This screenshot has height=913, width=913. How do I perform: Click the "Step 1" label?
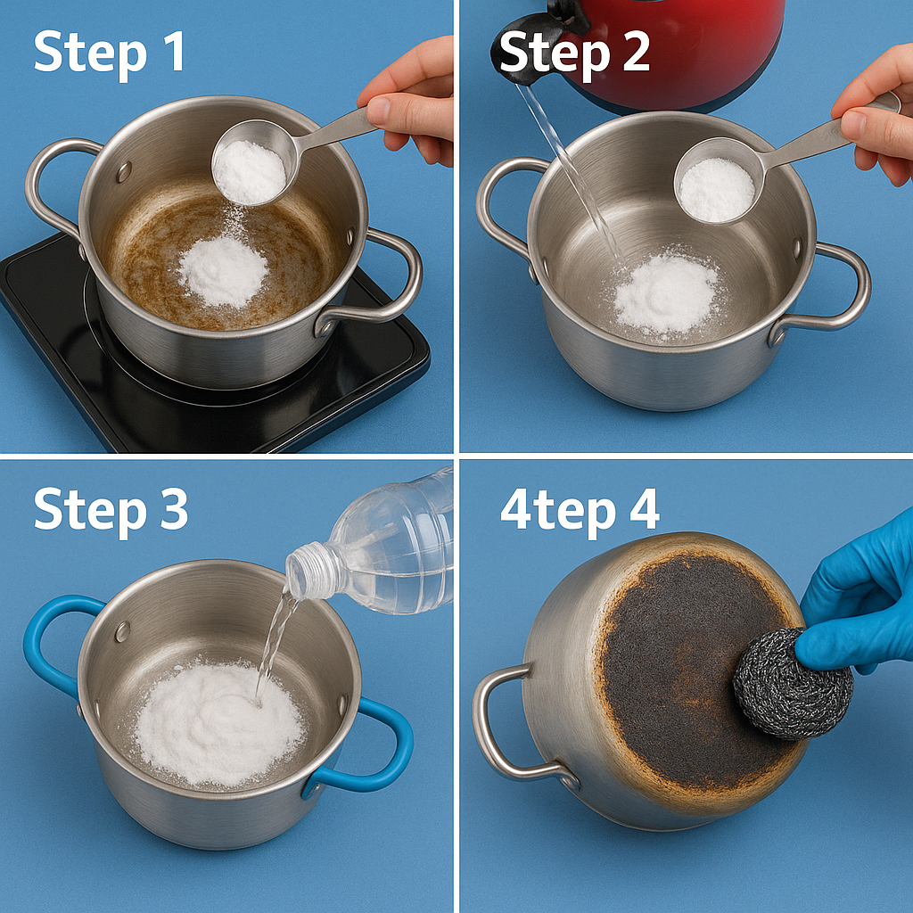[x=110, y=53]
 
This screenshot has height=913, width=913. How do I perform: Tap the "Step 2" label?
[x=574, y=53]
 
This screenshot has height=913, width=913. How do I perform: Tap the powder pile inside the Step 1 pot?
[x=223, y=272]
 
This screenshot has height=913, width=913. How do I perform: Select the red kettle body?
[x=681, y=53]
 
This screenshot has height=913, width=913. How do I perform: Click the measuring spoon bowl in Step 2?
[x=718, y=180]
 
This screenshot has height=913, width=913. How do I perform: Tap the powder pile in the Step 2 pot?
[x=667, y=297]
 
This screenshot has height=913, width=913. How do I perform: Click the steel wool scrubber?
[x=792, y=684]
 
